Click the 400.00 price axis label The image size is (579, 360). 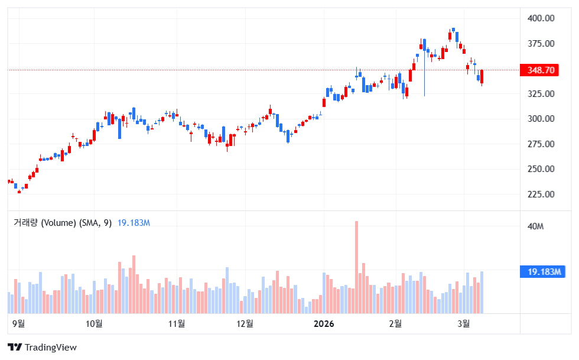point(541,18)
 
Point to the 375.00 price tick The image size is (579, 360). point(541,44)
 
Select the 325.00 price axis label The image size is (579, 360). point(541,94)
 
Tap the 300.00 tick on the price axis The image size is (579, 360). point(541,119)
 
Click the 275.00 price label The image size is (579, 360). point(541,144)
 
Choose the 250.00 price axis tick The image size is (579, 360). point(541,169)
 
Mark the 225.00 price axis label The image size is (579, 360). point(541,194)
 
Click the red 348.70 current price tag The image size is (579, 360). point(540,70)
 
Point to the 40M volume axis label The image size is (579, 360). point(535,226)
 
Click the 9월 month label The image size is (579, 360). point(18,323)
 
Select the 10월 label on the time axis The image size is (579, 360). point(94,323)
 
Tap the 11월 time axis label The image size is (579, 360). point(177,323)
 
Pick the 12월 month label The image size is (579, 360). point(245,323)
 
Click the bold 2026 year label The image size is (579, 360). point(324,323)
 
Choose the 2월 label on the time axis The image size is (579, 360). point(395,323)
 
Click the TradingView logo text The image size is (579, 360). point(43,348)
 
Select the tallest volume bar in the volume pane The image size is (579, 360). point(356,267)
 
